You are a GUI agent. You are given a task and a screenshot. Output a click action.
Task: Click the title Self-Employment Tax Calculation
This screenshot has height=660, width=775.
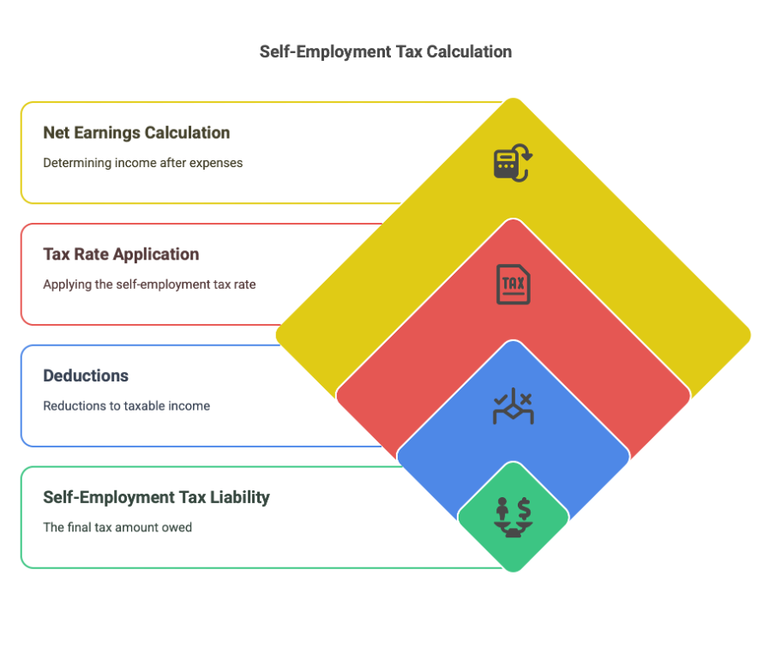point(386,51)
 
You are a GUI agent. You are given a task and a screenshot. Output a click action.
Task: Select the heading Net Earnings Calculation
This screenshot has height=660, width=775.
point(136,133)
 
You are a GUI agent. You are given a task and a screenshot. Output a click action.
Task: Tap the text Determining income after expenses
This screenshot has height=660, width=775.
point(143,163)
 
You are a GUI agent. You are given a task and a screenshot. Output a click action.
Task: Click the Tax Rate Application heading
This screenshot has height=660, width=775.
point(121,255)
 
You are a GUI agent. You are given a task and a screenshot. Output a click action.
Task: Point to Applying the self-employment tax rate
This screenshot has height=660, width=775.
point(149,285)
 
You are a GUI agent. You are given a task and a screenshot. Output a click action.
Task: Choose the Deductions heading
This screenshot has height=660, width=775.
point(86,376)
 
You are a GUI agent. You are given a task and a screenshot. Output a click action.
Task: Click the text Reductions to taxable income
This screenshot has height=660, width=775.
point(127,406)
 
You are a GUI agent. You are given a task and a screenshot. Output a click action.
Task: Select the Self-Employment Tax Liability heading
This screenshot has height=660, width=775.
point(156,497)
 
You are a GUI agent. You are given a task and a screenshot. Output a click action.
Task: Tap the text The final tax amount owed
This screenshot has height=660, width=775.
point(117,528)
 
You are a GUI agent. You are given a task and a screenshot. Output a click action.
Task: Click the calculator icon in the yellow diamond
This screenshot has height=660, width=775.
point(513,163)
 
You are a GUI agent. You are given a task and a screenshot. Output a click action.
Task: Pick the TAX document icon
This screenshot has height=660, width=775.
point(513,285)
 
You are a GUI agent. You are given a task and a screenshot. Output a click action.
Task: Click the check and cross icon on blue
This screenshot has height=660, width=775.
point(514,406)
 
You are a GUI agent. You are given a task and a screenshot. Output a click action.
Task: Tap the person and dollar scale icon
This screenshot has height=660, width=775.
point(514,517)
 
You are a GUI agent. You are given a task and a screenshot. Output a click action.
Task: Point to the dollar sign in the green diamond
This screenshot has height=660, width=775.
point(524,508)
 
